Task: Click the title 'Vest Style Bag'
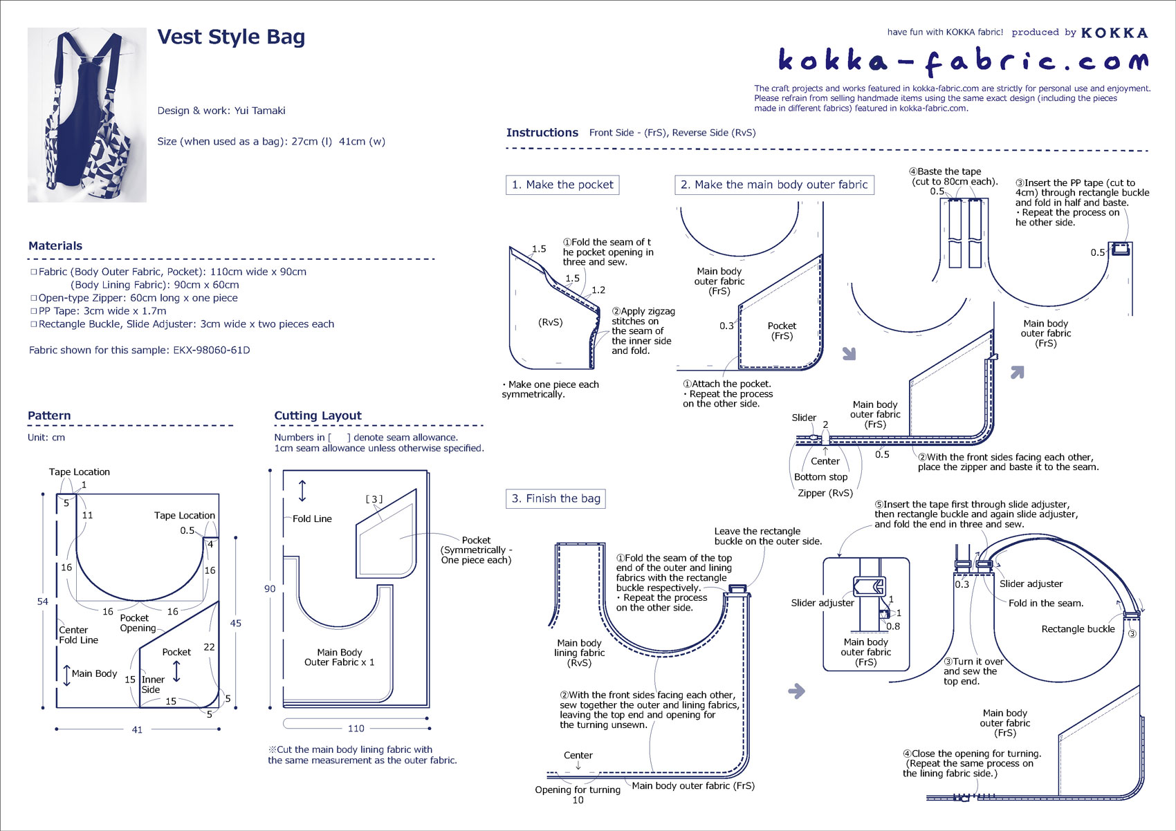click(x=231, y=37)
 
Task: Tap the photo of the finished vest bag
click(x=87, y=115)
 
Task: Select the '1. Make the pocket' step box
click(x=562, y=185)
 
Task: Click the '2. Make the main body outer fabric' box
click(x=774, y=185)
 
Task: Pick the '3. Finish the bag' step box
click(x=555, y=498)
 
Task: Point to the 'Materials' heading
click(x=55, y=246)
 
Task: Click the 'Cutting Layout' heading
click(x=318, y=416)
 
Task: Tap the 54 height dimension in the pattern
click(x=43, y=601)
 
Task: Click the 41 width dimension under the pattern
click(x=137, y=729)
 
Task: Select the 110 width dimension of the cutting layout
click(x=356, y=728)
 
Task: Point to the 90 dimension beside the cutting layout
click(x=270, y=589)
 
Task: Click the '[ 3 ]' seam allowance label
click(x=374, y=499)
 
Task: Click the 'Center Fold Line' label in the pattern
click(x=78, y=635)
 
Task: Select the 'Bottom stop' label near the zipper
click(x=820, y=477)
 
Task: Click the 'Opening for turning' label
click(x=578, y=790)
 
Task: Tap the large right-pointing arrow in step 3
click(x=797, y=691)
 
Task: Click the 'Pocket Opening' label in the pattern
click(x=138, y=623)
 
